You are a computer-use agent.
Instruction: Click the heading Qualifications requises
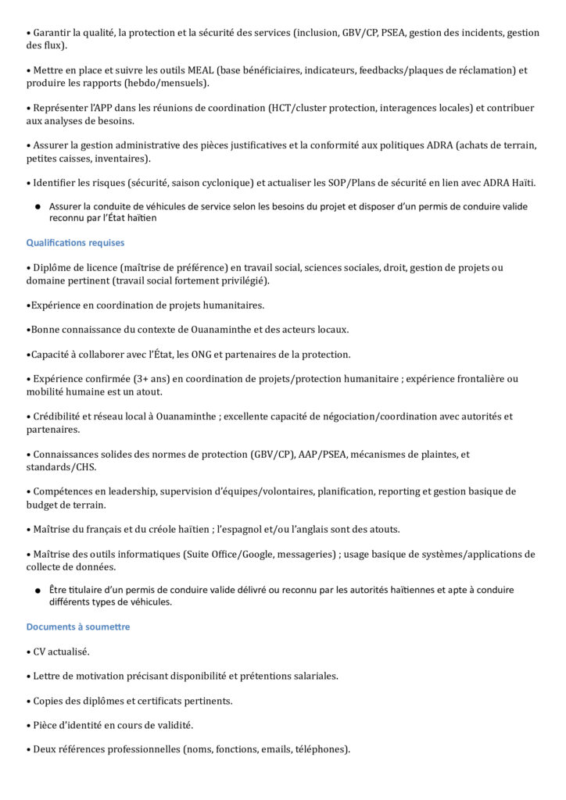[75, 243]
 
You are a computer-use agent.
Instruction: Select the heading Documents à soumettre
[78, 627]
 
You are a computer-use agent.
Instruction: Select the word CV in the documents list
[41, 652]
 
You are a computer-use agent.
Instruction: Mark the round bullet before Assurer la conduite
[37, 207]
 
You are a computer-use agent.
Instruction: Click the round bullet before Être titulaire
[37, 591]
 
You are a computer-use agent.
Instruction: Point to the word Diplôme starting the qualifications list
[55, 267]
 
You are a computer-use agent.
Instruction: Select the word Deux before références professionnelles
[45, 749]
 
